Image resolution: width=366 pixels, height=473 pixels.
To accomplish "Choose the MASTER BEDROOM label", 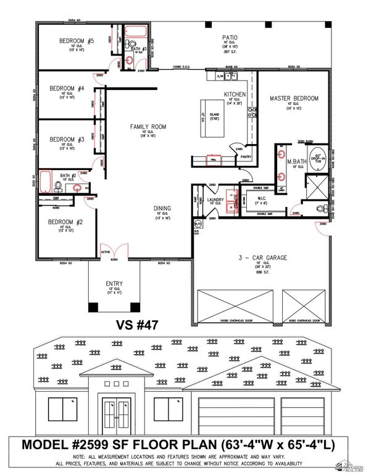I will pyautogui.click(x=294, y=99).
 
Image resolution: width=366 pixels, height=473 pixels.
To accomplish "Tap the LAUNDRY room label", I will pyautogui.click(x=215, y=200).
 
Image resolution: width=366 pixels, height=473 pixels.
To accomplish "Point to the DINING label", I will pyautogui.click(x=162, y=208).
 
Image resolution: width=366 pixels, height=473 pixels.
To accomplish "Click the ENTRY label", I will pyautogui.click(x=114, y=283).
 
